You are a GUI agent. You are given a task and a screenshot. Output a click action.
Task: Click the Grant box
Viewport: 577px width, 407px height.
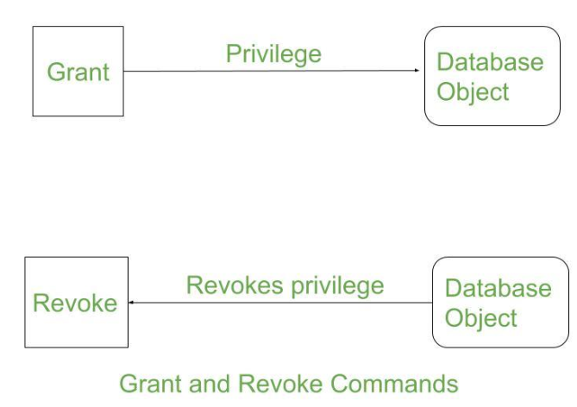point(78,71)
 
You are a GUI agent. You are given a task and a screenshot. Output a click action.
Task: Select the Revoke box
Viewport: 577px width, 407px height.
point(76,302)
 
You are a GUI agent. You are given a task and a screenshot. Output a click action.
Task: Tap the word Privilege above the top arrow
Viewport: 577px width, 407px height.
point(273,53)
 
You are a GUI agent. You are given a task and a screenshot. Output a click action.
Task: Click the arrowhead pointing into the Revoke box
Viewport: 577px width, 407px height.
point(132,303)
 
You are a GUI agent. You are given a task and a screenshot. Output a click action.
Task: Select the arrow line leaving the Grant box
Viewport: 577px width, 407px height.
point(259,72)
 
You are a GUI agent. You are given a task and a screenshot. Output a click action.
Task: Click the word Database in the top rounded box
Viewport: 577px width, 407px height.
point(490,62)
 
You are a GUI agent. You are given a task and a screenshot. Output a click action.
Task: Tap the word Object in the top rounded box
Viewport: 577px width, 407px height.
point(473,91)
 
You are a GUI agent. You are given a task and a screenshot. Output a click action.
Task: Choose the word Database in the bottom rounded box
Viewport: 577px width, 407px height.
point(498,288)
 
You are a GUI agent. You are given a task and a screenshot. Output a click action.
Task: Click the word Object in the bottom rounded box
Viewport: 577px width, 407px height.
point(480,317)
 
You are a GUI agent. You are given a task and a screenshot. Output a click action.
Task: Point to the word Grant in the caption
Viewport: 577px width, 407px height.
point(149,383)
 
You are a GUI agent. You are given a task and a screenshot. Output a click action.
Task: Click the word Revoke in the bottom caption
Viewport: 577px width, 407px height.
point(276,383)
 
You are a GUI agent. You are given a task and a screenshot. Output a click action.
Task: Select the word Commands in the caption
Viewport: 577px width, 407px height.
point(393,383)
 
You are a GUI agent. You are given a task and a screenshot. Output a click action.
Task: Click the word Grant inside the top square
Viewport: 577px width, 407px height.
point(78,72)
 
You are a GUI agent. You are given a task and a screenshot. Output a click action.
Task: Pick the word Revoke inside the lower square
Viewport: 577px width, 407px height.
point(75,303)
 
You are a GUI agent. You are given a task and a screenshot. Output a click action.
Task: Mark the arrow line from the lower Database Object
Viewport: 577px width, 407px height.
point(285,303)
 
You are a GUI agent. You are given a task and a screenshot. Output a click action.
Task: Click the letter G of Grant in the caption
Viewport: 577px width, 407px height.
point(128,383)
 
